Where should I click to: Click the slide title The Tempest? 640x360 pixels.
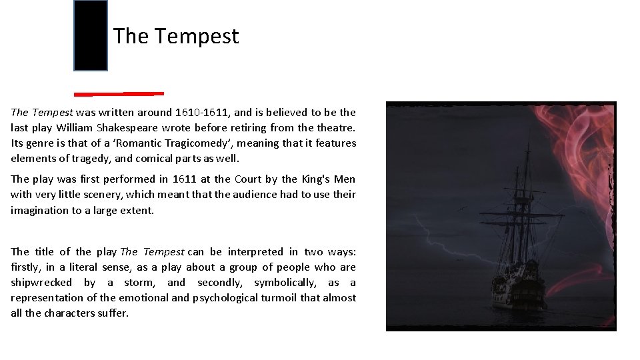coord(175,36)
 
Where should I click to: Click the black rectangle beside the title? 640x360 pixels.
coord(91,36)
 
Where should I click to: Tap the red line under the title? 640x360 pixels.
coord(119,93)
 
